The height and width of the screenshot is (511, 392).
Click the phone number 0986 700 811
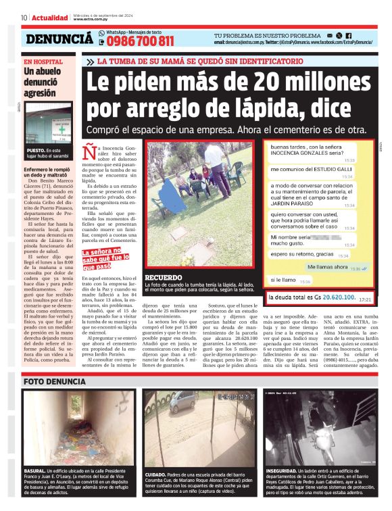(139, 41)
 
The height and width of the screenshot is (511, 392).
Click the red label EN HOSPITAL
(43, 61)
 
